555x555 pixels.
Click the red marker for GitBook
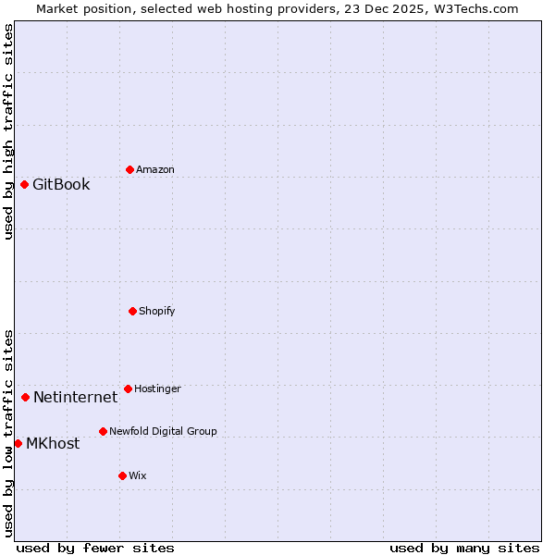click(x=24, y=184)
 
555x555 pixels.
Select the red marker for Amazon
click(x=129, y=169)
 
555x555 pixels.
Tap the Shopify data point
click(x=132, y=311)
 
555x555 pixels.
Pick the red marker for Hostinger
click(x=128, y=388)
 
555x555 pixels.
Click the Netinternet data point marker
click(x=25, y=397)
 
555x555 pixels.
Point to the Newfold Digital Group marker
click(x=103, y=431)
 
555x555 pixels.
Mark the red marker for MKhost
click(x=18, y=443)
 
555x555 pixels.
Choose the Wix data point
click(x=122, y=475)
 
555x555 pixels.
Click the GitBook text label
click(x=61, y=184)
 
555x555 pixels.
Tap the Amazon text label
click(x=154, y=169)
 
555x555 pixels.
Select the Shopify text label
click(x=156, y=311)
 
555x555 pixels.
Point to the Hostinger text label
click(x=157, y=388)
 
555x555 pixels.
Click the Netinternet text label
click(x=75, y=397)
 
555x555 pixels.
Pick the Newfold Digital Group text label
click(x=163, y=431)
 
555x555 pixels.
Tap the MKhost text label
click(x=53, y=443)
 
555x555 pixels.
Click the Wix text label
click(x=137, y=475)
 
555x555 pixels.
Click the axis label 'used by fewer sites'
click(x=95, y=548)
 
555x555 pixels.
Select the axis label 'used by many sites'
click(x=464, y=548)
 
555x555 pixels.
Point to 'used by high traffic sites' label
click(x=8, y=131)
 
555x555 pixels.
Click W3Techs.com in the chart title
click(x=473, y=8)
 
